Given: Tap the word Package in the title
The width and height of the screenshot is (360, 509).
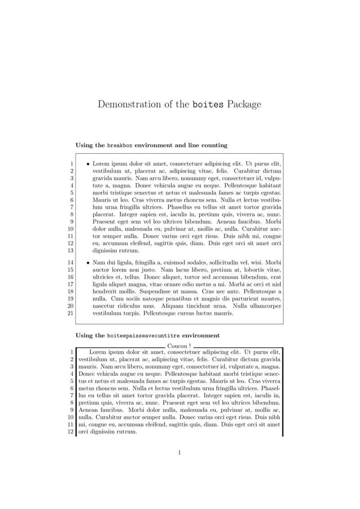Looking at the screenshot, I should click(x=244, y=105).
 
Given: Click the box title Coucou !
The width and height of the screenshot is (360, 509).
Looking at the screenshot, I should click(x=179, y=346).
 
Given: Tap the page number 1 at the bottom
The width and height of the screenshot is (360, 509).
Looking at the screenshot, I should click(x=179, y=452).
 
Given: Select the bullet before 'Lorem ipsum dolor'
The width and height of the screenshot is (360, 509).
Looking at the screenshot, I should click(x=88, y=164).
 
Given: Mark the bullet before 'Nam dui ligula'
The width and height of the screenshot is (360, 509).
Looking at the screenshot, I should click(x=88, y=262).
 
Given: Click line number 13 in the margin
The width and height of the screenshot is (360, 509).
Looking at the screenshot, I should click(x=70, y=250).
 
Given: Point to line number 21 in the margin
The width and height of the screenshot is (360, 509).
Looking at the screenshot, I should click(x=70, y=313).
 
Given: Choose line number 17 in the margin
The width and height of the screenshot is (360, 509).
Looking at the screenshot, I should click(x=70, y=284).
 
